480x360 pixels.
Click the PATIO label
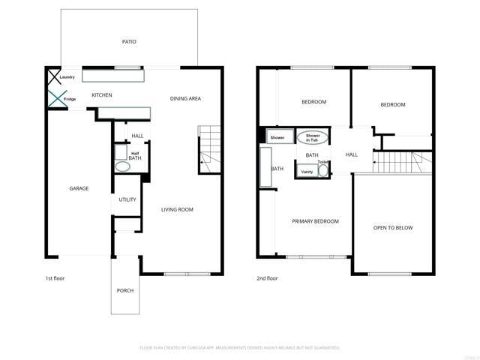pos(129,42)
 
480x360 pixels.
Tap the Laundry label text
pos(67,76)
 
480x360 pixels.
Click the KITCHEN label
pos(102,95)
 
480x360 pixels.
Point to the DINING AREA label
pos(185,98)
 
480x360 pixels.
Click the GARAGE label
pos(79,188)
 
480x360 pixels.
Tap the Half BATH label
pos(135,156)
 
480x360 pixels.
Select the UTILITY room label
pos(127,199)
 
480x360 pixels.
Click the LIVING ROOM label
pos(177,209)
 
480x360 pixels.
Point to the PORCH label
pos(124,290)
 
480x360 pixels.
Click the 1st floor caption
pos(55,278)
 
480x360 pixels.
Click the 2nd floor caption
pos(267,278)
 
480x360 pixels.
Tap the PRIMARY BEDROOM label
pos(315,221)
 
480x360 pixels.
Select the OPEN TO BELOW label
pos(393,228)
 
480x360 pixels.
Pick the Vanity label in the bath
pos(307,172)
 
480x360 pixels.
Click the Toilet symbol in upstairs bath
pos(322,170)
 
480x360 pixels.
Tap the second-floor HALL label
pos(352,154)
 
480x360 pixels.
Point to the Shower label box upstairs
pos(277,138)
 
